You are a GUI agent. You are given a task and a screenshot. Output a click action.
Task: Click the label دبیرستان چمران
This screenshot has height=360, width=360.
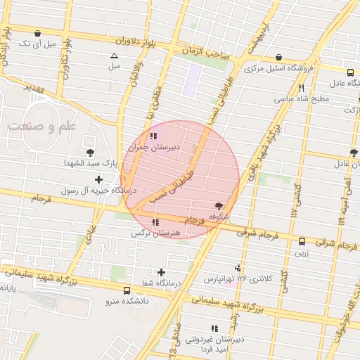pos(157,148)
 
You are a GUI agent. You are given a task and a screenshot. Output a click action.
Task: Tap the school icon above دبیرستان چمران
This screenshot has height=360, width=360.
pos(154,136)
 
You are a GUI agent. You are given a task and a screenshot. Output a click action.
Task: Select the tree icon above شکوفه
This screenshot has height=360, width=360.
pos(219,206)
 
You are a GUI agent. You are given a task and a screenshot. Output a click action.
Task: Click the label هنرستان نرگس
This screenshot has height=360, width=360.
pos(157,233)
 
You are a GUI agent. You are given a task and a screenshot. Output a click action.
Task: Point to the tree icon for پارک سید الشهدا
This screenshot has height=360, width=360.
pos(90,153)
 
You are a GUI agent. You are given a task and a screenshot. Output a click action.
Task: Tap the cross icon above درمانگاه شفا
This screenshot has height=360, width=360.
pos(162,272)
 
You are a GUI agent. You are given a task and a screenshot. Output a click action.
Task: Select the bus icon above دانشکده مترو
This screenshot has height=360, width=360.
pos(127,290)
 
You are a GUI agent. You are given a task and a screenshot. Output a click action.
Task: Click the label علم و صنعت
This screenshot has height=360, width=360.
pos(41,127)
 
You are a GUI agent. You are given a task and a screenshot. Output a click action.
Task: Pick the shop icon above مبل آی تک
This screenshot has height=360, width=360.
pos(37,33)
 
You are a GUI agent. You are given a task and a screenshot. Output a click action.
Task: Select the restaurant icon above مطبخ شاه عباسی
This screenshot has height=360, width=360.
pos(301,88)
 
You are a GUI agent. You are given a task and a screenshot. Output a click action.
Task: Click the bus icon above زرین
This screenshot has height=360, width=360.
pos(302,241)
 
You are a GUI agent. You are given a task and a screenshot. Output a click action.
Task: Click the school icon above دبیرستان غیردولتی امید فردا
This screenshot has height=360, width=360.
pos(214,328)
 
